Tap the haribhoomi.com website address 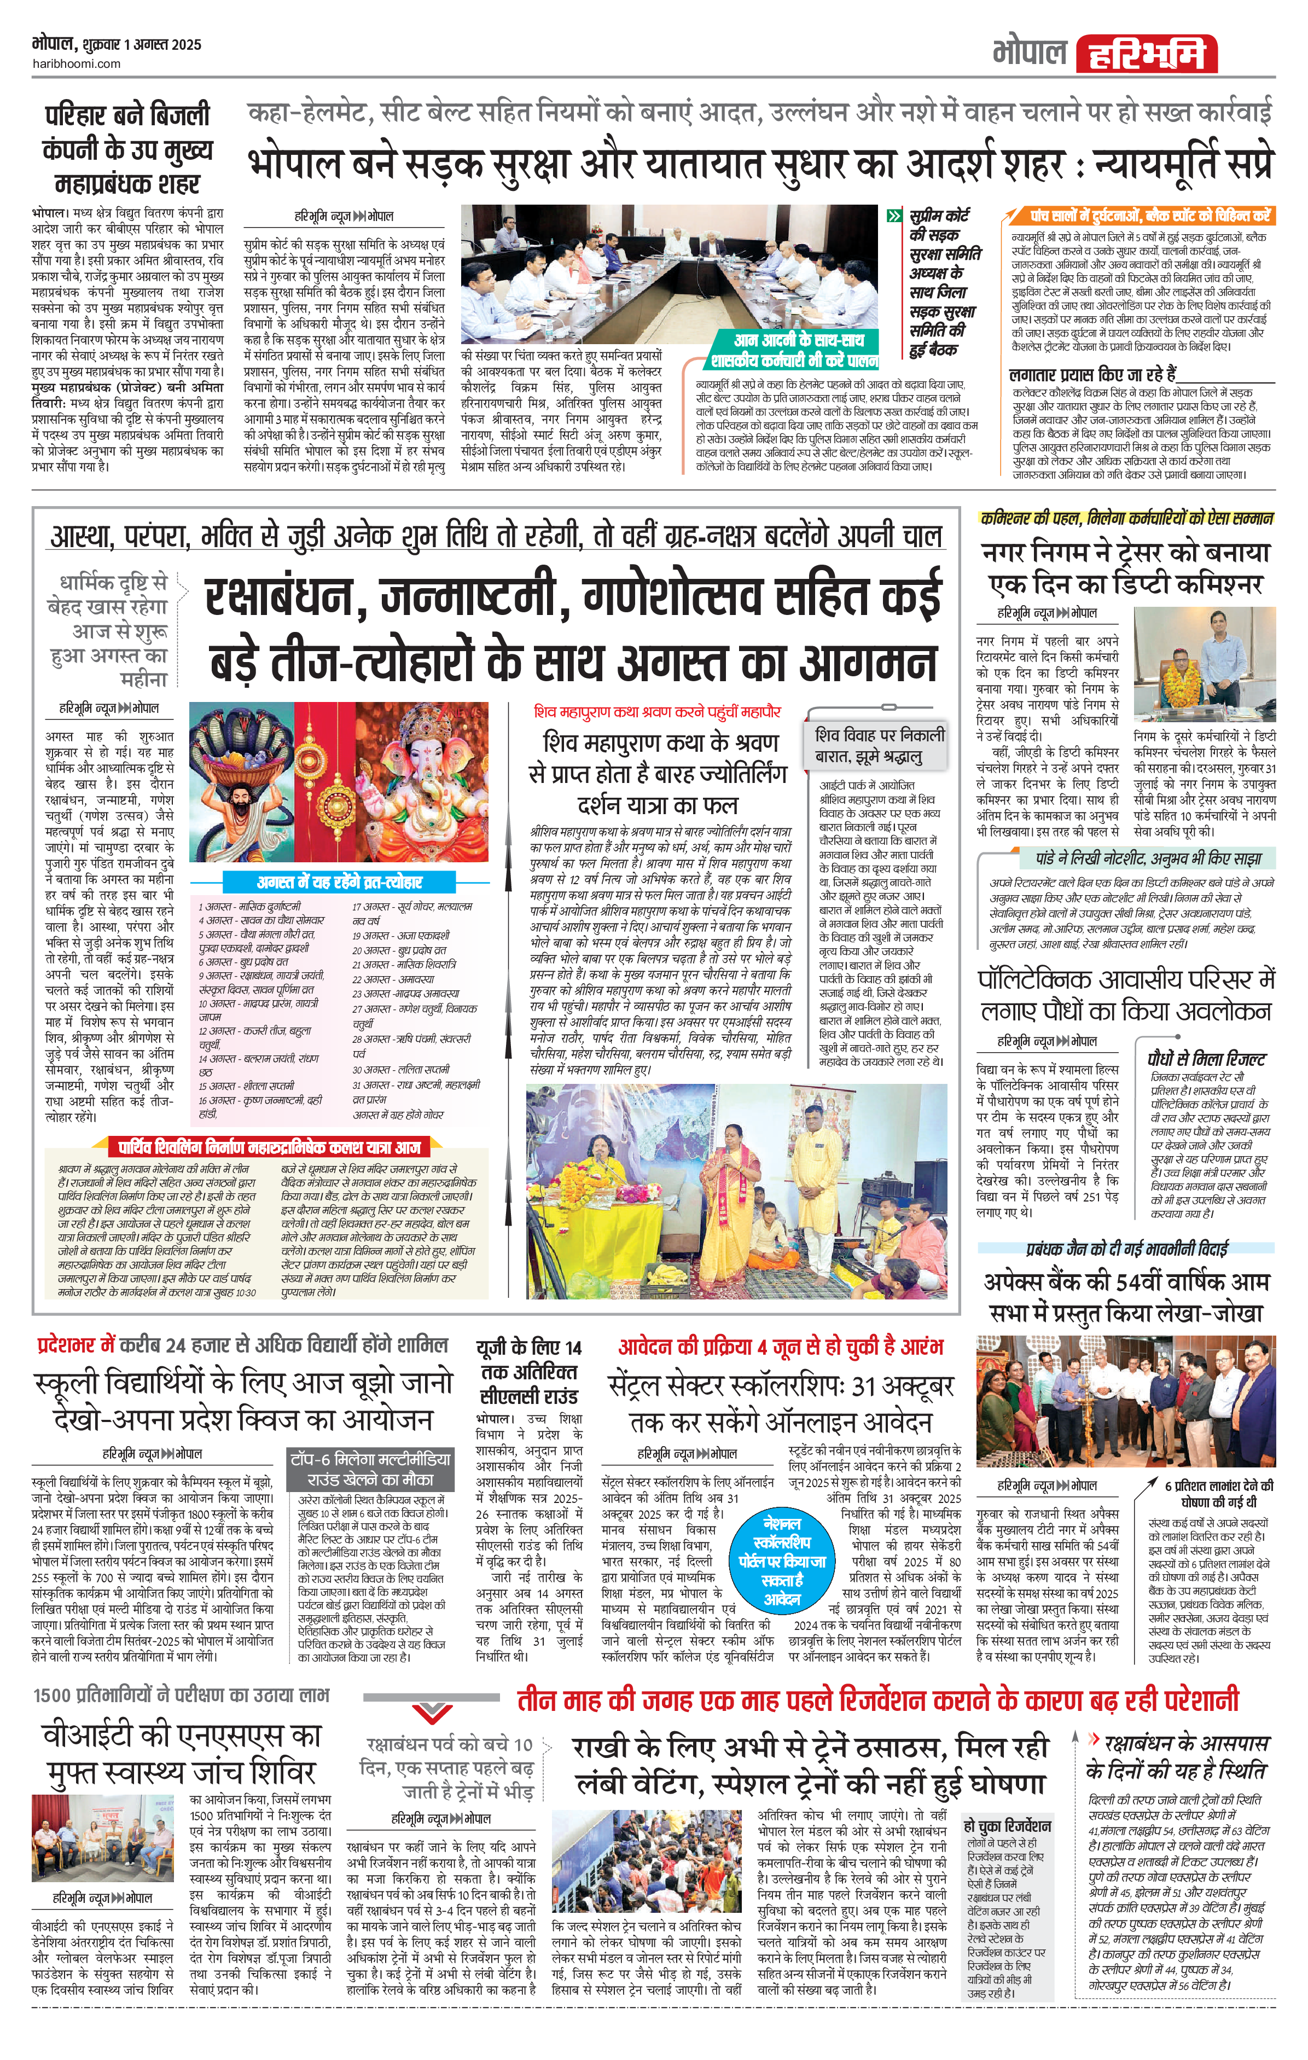pyautogui.click(x=76, y=63)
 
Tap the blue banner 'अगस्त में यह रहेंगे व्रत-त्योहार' pyautogui.click(x=340, y=881)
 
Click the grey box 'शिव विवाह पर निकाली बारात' pyautogui.click(x=880, y=745)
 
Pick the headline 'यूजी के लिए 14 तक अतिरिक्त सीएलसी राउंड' pyautogui.click(x=528, y=1372)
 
